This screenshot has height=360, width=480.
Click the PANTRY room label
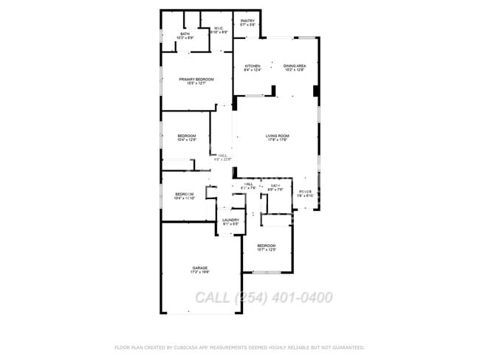(x=248, y=21)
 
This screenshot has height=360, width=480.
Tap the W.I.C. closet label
(x=219, y=29)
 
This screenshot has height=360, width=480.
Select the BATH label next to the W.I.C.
(x=185, y=33)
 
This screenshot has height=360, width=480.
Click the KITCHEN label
(x=253, y=66)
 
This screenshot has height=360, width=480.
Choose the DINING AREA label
(x=295, y=66)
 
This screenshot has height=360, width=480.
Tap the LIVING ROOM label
(x=278, y=136)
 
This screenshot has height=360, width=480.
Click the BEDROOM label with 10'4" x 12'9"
(x=187, y=136)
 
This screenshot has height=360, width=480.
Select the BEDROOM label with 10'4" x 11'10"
(x=184, y=194)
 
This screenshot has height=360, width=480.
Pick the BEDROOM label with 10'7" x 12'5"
(x=266, y=246)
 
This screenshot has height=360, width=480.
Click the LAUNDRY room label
(x=230, y=220)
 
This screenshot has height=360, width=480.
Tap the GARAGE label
(x=200, y=268)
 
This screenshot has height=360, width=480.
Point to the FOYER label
(x=306, y=192)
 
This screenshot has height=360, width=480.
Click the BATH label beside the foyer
(x=275, y=185)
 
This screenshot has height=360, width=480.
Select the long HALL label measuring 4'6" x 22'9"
(x=222, y=155)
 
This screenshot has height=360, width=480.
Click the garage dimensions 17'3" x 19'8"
(x=200, y=272)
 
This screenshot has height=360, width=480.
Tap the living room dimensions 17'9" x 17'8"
(x=278, y=140)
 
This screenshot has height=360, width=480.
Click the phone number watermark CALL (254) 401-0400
(x=264, y=297)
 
